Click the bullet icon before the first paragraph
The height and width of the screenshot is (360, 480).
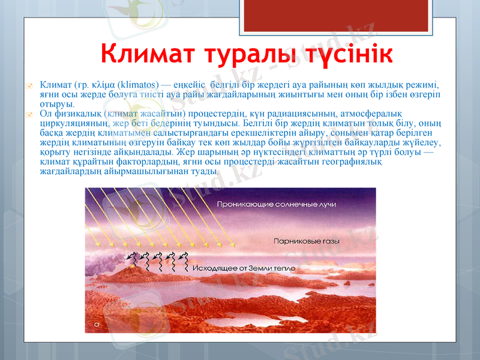click(x=29, y=86)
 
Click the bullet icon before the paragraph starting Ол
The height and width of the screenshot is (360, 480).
click(x=29, y=113)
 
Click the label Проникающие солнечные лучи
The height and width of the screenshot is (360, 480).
click(x=276, y=205)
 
